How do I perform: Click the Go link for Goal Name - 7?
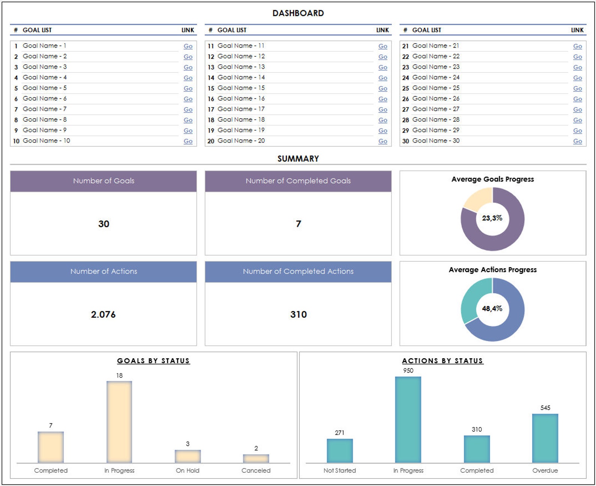188,110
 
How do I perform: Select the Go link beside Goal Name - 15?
382,89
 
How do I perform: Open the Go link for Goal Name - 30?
577,141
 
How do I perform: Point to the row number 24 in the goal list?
405,78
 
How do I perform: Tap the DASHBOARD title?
298,13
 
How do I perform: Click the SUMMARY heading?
298,158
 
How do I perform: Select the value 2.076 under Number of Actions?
103,314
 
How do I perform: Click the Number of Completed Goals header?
298,181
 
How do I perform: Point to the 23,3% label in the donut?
492,218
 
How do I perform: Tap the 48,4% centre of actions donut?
492,308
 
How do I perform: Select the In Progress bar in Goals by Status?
119,422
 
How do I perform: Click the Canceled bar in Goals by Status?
256,459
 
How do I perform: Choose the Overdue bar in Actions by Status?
545,438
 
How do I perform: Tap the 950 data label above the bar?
408,370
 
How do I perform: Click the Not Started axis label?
340,471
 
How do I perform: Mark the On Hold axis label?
188,471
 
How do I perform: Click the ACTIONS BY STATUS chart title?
442,361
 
